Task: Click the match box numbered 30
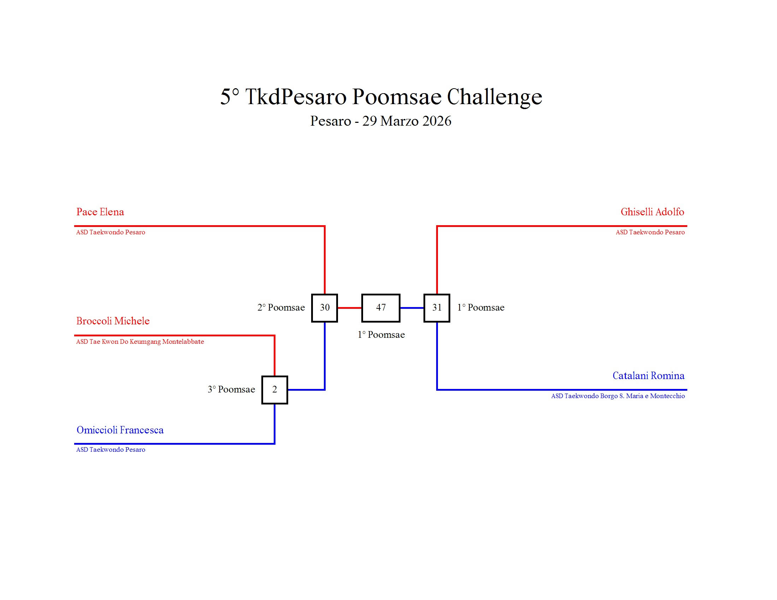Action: [x=324, y=308]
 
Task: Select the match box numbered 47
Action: [x=381, y=308]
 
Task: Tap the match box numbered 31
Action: [x=437, y=308]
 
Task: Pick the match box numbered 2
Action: [x=274, y=390]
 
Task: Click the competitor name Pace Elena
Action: [x=100, y=212]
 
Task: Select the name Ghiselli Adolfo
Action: [x=652, y=212]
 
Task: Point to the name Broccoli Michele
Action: [x=113, y=321]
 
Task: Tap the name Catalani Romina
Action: [x=648, y=376]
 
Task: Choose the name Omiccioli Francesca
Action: [x=120, y=430]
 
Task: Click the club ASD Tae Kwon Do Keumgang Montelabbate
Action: [x=140, y=342]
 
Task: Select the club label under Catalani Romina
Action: [x=618, y=396]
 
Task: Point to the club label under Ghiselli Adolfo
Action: [x=650, y=232]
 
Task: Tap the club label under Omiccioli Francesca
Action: [x=110, y=450]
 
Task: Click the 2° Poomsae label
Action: [x=281, y=307]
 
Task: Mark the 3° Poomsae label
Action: [x=231, y=389]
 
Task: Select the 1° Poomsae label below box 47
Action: [x=381, y=335]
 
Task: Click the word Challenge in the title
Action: [x=494, y=97]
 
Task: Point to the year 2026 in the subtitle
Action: [x=437, y=121]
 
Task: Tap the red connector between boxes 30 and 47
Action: [x=349, y=308]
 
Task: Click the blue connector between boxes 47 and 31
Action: [x=412, y=308]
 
